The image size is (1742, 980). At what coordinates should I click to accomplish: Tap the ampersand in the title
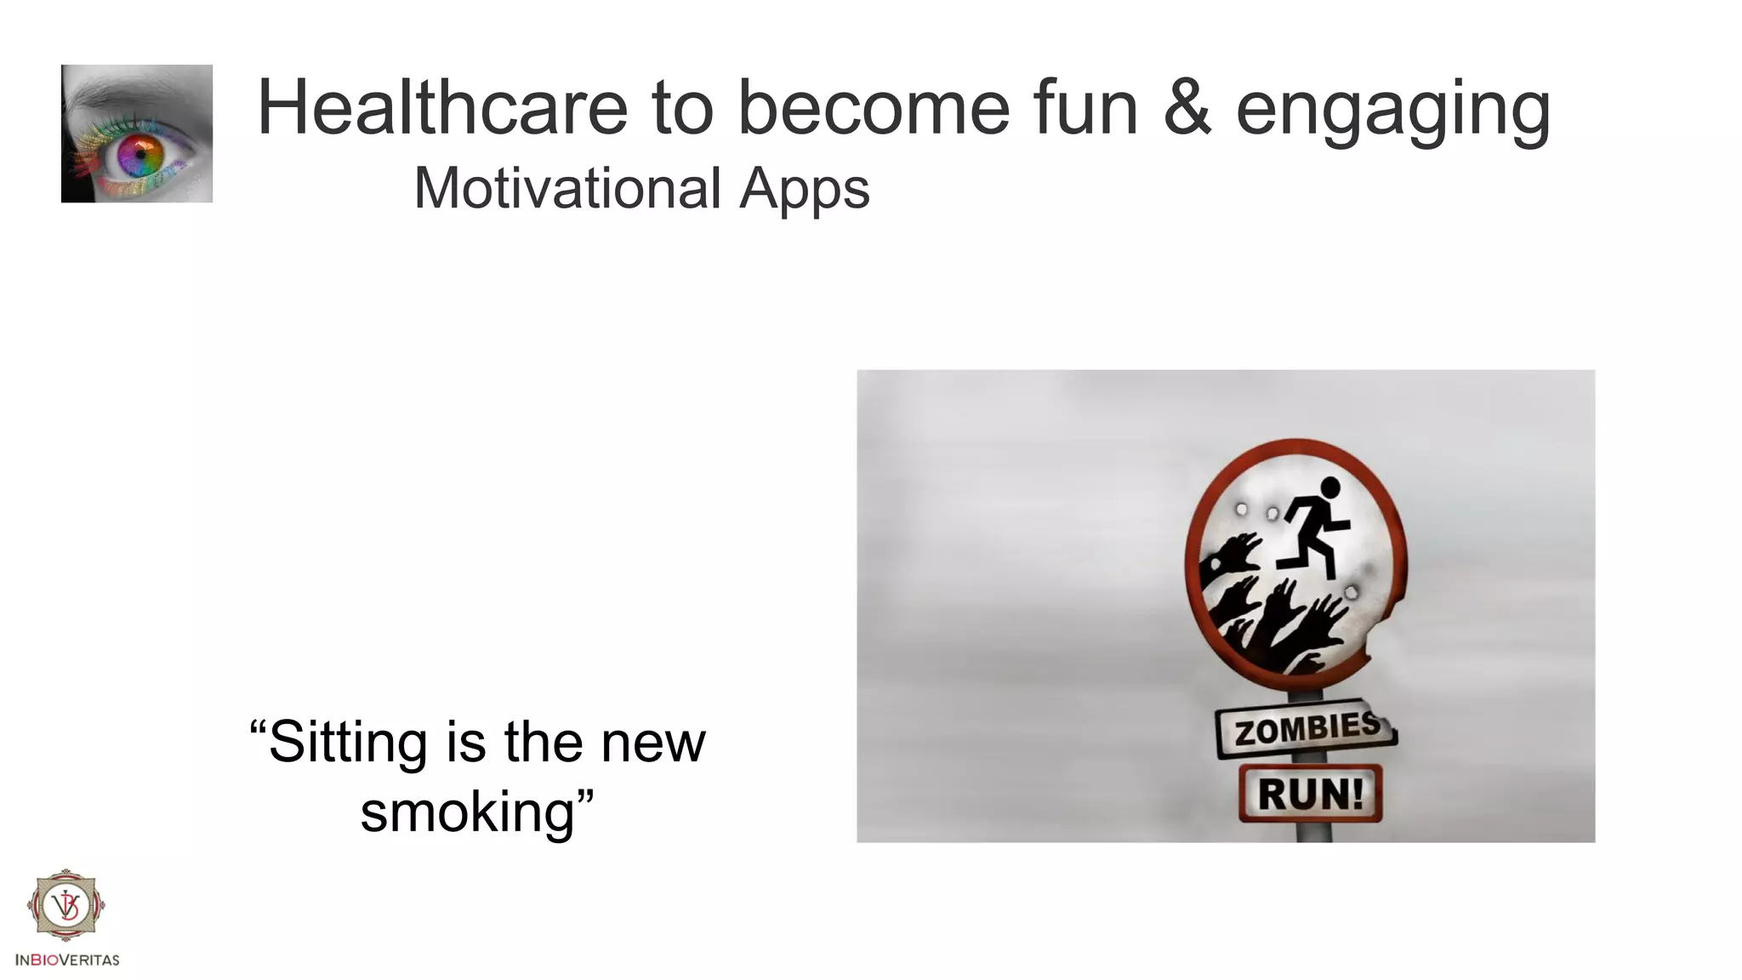[1187, 108]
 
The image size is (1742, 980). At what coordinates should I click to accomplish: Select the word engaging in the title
[1393, 111]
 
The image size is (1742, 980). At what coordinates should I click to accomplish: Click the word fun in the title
[1085, 108]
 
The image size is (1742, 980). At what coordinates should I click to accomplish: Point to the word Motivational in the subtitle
[567, 188]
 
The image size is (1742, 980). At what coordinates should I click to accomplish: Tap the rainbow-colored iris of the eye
[140, 154]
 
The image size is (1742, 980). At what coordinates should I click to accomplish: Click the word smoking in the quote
[467, 812]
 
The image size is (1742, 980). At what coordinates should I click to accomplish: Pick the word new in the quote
[653, 743]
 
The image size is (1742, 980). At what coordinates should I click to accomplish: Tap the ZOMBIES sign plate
[1306, 730]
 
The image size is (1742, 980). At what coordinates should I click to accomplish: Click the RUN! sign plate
[1310, 794]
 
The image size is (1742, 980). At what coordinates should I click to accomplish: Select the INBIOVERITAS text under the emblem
[67, 960]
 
